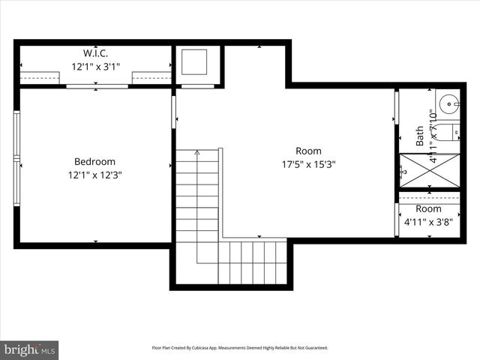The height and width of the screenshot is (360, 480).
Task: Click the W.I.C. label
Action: [95, 53]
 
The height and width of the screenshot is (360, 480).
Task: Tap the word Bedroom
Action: [94, 161]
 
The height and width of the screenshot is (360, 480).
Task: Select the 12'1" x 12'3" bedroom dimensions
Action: [95, 175]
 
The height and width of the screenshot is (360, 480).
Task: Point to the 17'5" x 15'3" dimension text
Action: [308, 164]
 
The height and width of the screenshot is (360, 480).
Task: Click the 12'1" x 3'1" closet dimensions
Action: [95, 66]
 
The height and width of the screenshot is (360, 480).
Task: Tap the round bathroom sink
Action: [450, 103]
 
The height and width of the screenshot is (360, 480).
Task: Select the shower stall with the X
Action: [430, 170]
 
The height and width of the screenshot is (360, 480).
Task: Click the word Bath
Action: [420, 136]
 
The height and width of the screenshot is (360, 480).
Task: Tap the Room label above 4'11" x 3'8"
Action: [429, 208]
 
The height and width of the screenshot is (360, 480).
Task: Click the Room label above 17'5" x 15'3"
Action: [308, 151]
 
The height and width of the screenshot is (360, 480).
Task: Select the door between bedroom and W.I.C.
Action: [97, 86]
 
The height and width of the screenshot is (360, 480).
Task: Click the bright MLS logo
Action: [30, 349]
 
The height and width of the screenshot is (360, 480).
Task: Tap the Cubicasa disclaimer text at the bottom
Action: [240, 348]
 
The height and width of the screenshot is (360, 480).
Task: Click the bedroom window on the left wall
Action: [16, 157]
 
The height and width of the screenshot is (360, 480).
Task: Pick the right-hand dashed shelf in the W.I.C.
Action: [151, 76]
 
